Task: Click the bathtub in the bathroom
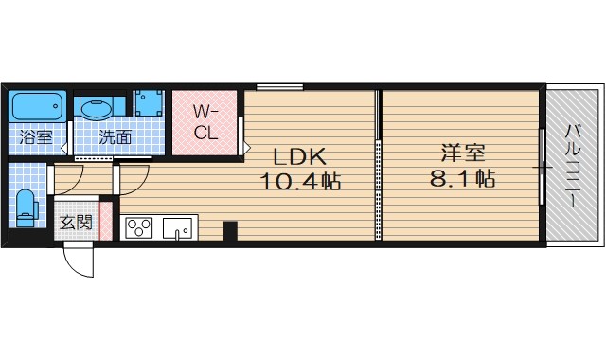39,106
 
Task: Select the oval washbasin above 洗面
96,108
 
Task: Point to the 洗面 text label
116,136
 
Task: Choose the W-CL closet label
206,122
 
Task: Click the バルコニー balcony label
573,167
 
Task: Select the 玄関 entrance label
76,223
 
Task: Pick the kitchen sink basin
177,227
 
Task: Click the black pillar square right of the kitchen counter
230,230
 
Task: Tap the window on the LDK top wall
272,88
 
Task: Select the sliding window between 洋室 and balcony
542,167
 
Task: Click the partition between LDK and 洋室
380,166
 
